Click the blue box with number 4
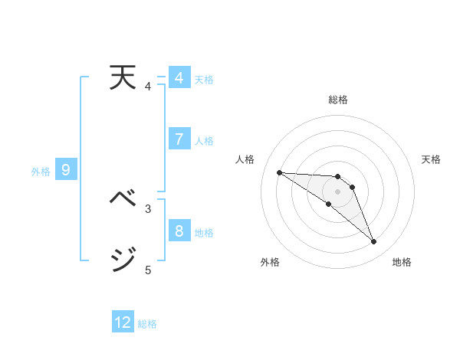[179, 78]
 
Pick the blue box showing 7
[179, 139]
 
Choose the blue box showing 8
[179, 231]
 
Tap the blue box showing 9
[66, 170]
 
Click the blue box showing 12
[123, 322]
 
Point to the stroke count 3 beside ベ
[148, 208]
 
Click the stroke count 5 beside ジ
[148, 270]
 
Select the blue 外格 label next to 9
[41, 172]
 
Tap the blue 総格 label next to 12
[147, 324]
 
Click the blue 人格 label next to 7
[204, 141]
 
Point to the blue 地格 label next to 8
[204, 233]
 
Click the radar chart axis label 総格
[338, 100]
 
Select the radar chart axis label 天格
[431, 159]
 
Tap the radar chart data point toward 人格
[279, 172]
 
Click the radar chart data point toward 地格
[374, 242]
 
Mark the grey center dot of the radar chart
[338, 191]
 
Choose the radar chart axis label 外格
[270, 262]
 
